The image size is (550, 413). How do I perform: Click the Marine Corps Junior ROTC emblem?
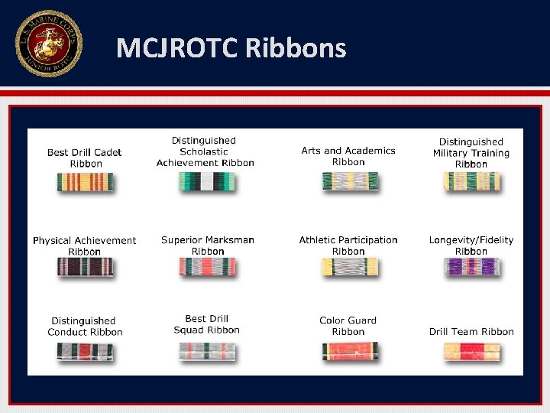[x=48, y=44]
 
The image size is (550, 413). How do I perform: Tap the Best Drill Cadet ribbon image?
[x=85, y=182]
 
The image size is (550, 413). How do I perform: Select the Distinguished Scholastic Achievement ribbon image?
[x=206, y=181]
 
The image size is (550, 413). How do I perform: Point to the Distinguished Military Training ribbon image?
[x=471, y=181]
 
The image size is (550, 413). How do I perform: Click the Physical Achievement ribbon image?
[x=85, y=267]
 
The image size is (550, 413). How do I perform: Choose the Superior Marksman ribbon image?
[x=208, y=267]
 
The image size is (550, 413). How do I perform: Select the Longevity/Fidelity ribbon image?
[x=471, y=267]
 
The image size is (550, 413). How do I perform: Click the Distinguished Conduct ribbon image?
[x=85, y=351]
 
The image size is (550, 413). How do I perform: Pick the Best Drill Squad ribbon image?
[x=208, y=351]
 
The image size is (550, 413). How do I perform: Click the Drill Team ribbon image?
[x=471, y=351]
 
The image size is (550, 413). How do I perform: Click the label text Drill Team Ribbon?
[x=471, y=332]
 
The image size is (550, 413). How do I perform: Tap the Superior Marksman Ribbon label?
[x=208, y=246]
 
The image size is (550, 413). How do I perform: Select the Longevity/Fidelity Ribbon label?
[x=471, y=246]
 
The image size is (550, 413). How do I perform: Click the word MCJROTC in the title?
[x=177, y=49]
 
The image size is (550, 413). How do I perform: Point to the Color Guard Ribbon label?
[x=348, y=326]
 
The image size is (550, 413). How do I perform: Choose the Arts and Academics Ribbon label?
[x=348, y=156]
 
